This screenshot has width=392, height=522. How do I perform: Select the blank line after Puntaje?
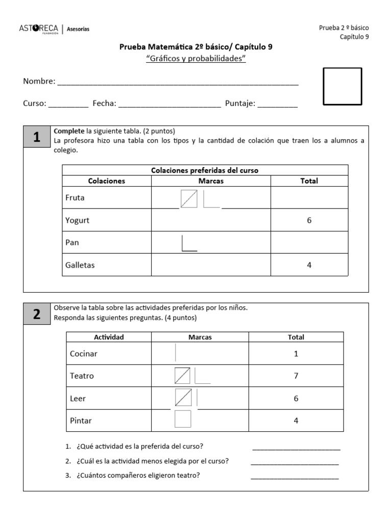click(x=277, y=106)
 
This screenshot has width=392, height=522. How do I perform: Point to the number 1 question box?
click(x=36, y=137)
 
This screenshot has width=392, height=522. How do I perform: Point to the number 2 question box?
click(x=36, y=315)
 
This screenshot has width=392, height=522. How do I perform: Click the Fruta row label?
click(x=76, y=198)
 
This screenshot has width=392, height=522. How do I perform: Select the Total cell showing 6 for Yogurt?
click(x=309, y=220)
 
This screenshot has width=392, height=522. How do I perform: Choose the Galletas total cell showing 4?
click(x=309, y=265)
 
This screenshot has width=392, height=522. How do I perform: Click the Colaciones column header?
click(x=107, y=181)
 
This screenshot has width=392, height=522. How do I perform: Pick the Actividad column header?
click(x=109, y=337)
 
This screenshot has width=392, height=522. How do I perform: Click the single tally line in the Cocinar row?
click(x=176, y=353)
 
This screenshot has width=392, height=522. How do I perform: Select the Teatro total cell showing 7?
click(x=296, y=376)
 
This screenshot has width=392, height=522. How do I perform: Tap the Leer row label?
click(x=78, y=398)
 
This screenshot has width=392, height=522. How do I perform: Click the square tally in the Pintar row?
click(x=183, y=419)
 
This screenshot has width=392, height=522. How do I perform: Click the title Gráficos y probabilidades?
click(x=196, y=59)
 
